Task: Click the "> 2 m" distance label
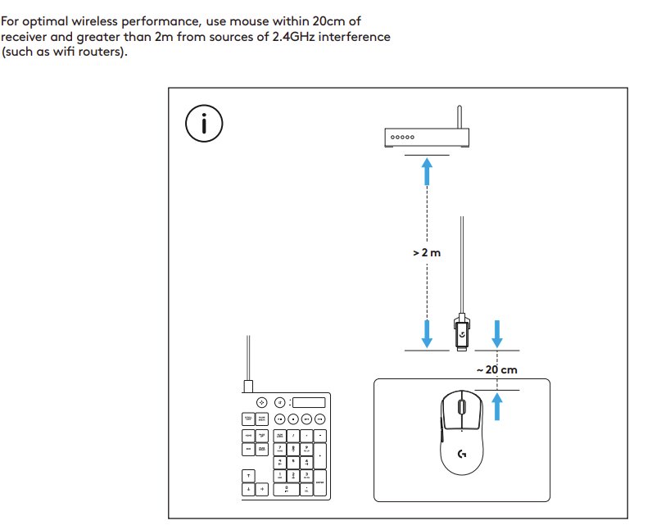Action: (427, 253)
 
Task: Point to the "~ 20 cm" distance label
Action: (497, 369)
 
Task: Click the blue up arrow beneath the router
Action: (427, 173)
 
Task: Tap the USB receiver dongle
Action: (461, 333)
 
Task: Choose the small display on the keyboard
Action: (309, 402)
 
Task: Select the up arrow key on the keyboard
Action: (248, 475)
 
